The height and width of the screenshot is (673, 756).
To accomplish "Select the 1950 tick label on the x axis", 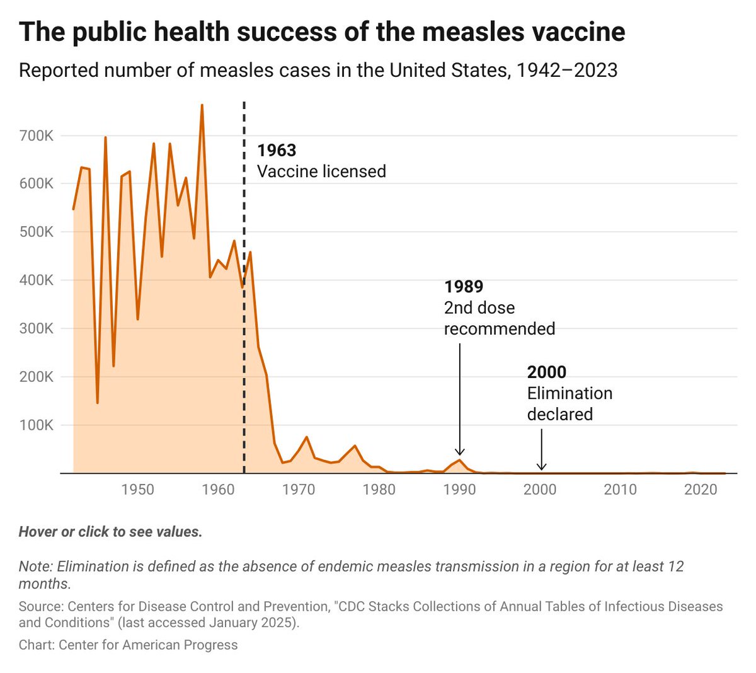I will [138, 490].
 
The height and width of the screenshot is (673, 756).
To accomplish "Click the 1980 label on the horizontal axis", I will [379, 490].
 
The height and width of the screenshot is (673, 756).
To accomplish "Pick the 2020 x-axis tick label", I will [701, 490].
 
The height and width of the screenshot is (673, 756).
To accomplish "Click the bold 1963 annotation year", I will [277, 150].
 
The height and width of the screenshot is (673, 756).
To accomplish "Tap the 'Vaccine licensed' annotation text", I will [321, 171].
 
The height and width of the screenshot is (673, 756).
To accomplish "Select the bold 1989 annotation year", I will [464, 287].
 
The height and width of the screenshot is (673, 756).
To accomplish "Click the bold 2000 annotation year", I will [547, 372].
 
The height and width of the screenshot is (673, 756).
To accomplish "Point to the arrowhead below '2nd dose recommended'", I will [460, 451].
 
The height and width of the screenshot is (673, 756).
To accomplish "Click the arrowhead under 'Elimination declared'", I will [542, 467].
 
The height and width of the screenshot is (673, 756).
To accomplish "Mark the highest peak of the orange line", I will [202, 105].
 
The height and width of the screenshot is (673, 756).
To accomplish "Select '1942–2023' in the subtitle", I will [566, 70].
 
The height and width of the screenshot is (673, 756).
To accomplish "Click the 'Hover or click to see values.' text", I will [110, 532].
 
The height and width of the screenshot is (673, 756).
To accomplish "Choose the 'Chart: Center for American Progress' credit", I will [129, 645].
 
